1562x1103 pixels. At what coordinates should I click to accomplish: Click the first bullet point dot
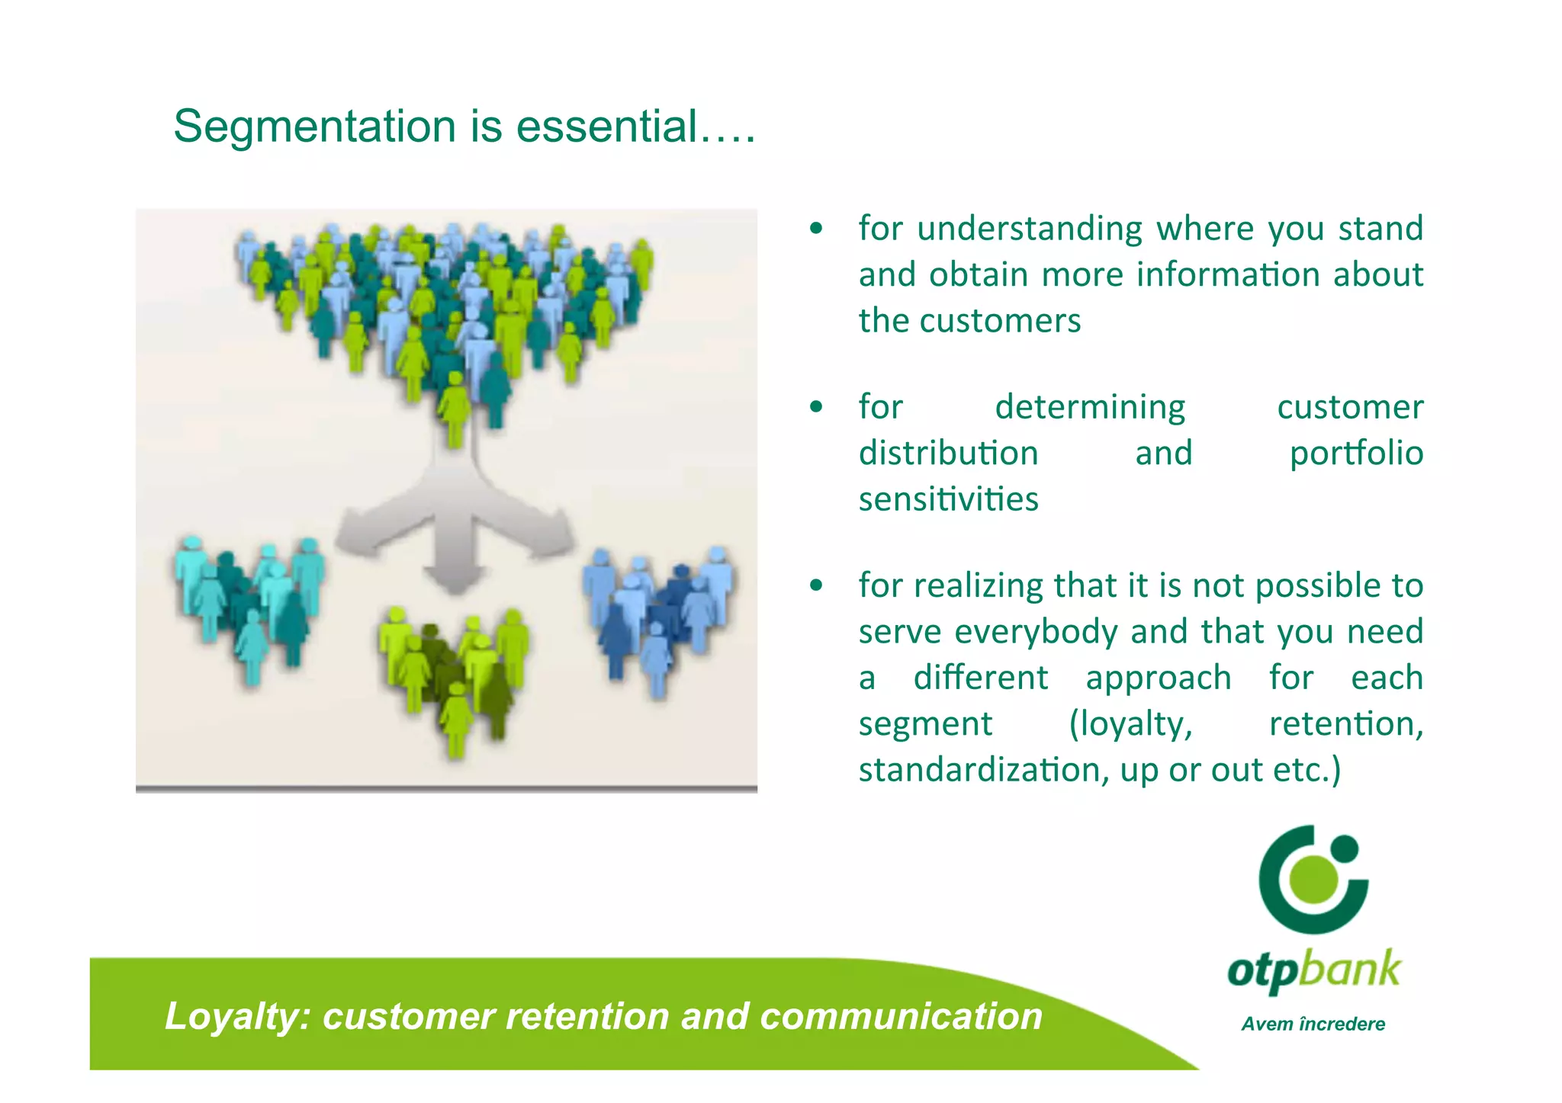coord(816,228)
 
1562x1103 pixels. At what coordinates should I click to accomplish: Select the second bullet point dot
coord(816,406)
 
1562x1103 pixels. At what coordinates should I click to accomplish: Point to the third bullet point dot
coord(816,585)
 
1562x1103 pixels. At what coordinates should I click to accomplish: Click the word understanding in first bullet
coord(1030,229)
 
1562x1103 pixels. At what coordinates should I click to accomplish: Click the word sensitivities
coord(948,500)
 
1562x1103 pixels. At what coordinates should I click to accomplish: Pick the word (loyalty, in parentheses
coord(1130,724)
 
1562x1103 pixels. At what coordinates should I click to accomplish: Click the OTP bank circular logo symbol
coord(1313,879)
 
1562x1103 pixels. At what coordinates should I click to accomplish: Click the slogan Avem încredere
coord(1313,1024)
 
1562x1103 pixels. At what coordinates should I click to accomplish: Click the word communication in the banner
coord(901,1017)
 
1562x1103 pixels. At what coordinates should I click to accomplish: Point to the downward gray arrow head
coord(455,579)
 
